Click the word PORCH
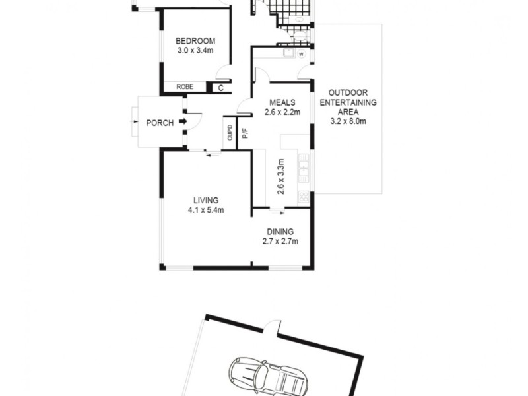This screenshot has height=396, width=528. pyautogui.click(x=160, y=123)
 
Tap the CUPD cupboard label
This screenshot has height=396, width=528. pyautogui.click(x=230, y=134)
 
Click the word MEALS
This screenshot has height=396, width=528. pyautogui.click(x=282, y=102)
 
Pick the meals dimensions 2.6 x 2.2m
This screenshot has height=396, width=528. pyautogui.click(x=282, y=112)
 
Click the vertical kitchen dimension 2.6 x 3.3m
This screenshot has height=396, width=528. pyautogui.click(x=280, y=175)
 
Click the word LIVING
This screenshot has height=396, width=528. pyautogui.click(x=206, y=201)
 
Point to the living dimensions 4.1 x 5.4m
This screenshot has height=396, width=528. pyautogui.click(x=206, y=211)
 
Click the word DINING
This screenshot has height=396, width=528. pyautogui.click(x=280, y=232)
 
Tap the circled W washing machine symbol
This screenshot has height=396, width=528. pyautogui.click(x=301, y=54)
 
